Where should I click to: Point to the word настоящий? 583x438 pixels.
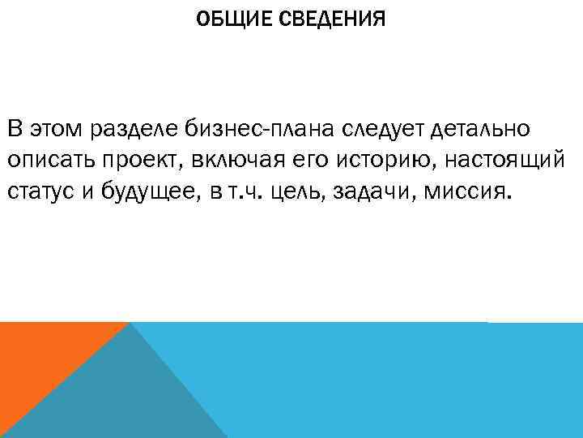click(x=508, y=161)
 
